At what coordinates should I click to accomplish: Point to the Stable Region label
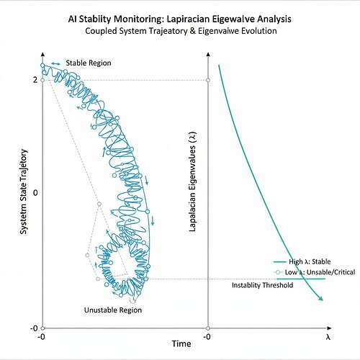coord(89,63)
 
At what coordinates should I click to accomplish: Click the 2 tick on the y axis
coord(35,79)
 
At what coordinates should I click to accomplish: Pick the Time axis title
coord(181,344)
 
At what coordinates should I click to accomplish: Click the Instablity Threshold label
coord(262,286)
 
